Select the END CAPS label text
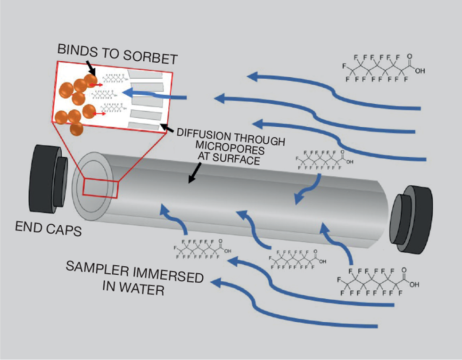(x=48, y=229)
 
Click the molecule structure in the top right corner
(x=382, y=68)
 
